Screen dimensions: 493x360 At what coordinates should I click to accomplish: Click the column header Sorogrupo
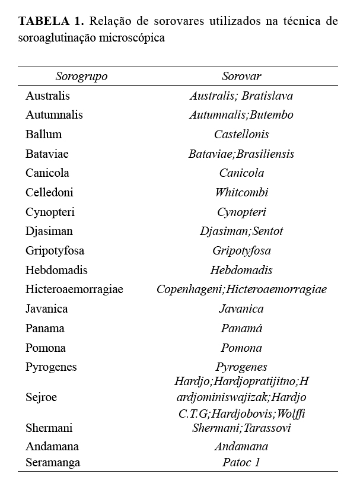click(x=81, y=77)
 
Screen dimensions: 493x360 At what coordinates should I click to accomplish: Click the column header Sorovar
click(x=241, y=77)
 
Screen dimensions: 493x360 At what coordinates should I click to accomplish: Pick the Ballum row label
click(x=43, y=134)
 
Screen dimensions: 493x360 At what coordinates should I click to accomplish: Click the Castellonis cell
click(x=241, y=134)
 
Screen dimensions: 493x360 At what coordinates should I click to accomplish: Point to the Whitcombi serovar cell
click(x=241, y=192)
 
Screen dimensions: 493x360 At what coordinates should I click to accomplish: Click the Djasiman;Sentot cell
click(x=241, y=231)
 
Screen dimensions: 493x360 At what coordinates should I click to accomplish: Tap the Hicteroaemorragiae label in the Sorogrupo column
click(x=74, y=290)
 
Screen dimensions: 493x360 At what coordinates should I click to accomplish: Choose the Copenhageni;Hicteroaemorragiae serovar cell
click(x=241, y=290)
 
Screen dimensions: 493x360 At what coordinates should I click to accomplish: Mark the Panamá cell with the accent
click(x=241, y=328)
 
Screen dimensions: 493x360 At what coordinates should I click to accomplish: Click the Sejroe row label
click(x=41, y=397)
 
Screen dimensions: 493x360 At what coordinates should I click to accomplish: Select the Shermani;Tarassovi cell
click(x=241, y=428)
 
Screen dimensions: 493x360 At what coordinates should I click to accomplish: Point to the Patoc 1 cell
click(x=241, y=462)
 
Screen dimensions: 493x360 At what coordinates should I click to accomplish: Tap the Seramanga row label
click(x=53, y=462)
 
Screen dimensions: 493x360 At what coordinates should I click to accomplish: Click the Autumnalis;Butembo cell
click(x=241, y=115)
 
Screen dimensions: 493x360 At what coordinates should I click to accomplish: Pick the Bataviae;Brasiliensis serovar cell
click(x=241, y=154)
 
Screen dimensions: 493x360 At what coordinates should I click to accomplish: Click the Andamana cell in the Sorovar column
click(x=241, y=446)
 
